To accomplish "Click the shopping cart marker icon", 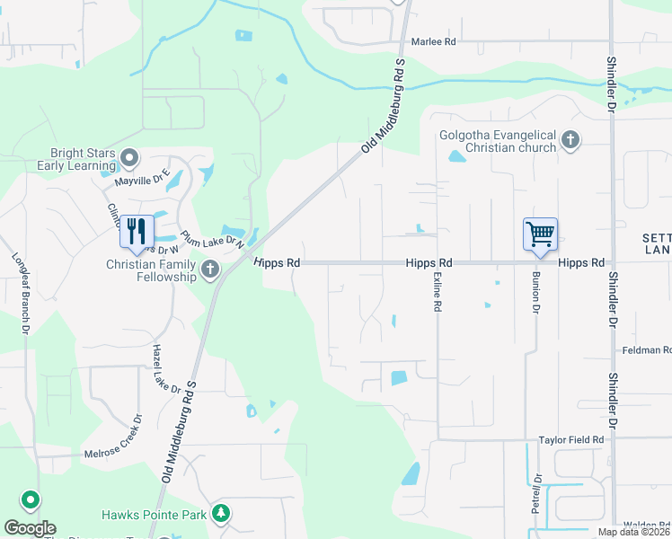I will click(x=541, y=234).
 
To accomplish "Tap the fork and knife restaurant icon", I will click(x=137, y=232).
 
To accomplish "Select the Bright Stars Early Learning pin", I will click(x=130, y=159).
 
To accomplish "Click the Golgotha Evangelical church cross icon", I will click(x=570, y=140).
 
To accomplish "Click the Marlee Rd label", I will click(x=434, y=41).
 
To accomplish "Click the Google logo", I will click(x=30, y=528).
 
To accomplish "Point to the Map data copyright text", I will click(x=634, y=532).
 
